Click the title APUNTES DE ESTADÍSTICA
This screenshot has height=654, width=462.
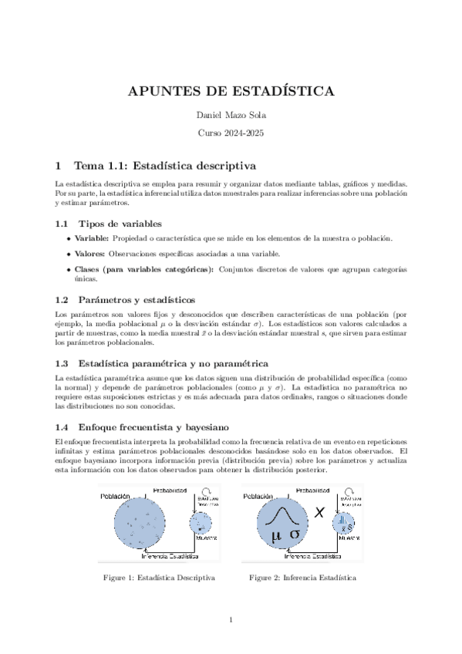tap(231, 92)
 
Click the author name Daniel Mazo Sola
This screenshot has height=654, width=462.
tap(231, 116)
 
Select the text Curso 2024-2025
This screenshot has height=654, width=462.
tap(231, 133)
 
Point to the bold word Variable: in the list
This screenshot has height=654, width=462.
tap(91, 239)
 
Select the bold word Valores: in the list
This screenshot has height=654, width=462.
tap(89, 255)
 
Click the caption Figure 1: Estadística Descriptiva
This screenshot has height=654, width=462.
tap(159, 577)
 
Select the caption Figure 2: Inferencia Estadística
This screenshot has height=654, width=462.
tap(302, 577)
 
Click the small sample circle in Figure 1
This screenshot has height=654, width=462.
tap(202, 524)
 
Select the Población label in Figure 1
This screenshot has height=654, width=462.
tap(116, 496)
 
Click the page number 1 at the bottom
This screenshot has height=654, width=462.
tap(231, 619)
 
